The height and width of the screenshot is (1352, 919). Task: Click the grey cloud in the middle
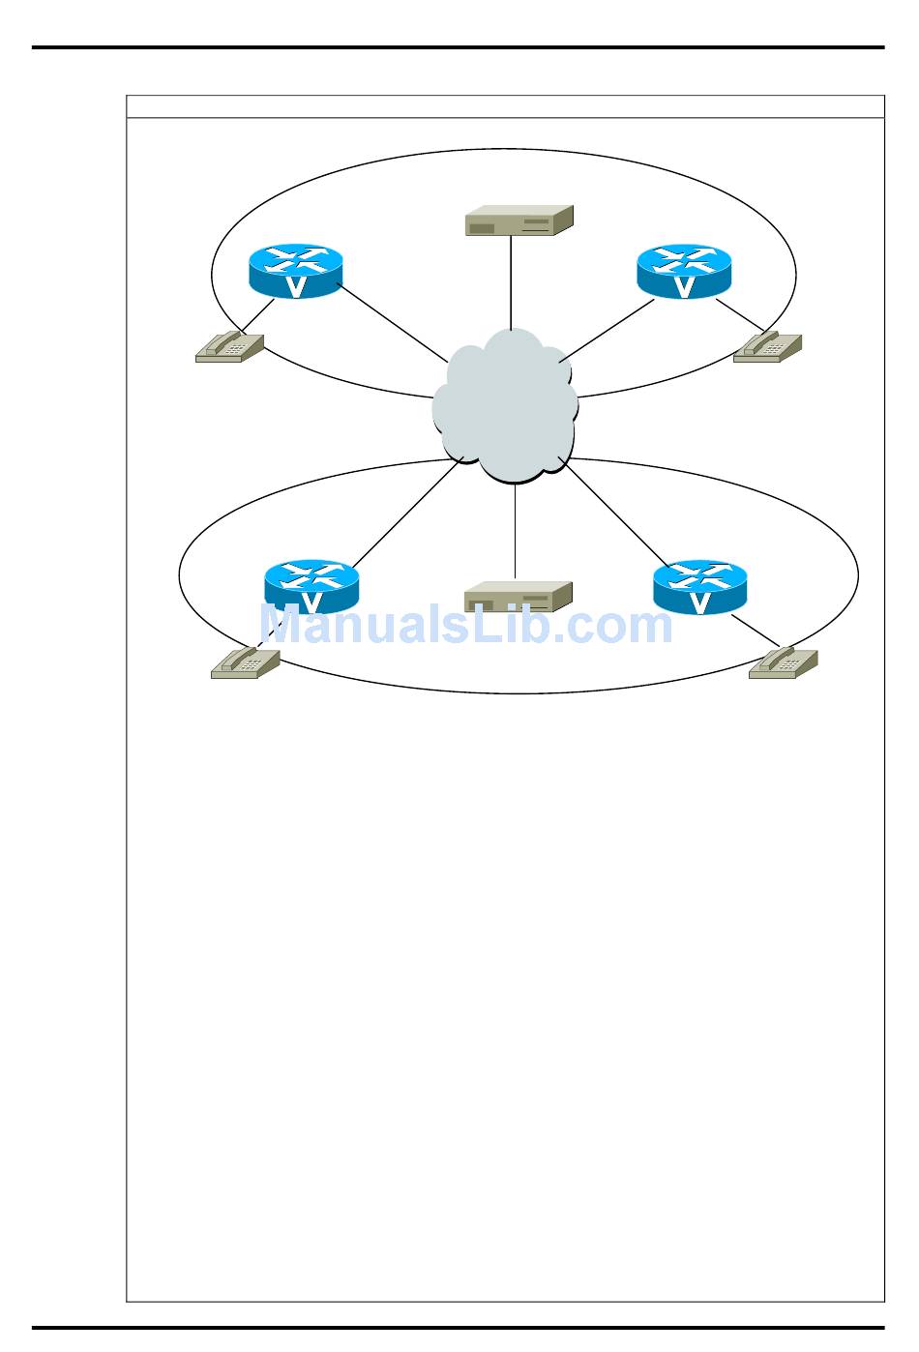pos(505,406)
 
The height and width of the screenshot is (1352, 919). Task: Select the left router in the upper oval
pos(295,270)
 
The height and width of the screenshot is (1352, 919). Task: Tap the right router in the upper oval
pos(684,270)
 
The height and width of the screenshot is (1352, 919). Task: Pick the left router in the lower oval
pos(311,586)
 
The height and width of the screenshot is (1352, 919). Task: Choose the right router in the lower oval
pos(699,586)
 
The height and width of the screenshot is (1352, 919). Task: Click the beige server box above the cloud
pos(519,221)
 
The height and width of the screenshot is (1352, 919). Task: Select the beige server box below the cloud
pos(519,597)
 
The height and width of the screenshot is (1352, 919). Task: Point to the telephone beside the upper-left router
pos(229,347)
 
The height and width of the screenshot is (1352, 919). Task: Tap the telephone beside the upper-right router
pos(767,347)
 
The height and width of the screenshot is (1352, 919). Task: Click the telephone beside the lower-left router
pos(245,662)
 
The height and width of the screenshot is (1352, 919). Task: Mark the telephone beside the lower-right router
pos(783,662)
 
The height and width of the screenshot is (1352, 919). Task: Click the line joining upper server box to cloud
pos(510,285)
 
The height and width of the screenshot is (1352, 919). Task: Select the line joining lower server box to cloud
pos(515,532)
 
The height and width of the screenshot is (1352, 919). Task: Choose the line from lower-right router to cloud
pos(614,513)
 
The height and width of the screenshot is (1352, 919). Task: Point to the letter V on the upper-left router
pos(297,286)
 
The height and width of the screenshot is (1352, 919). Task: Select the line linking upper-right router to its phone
pos(740,313)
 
